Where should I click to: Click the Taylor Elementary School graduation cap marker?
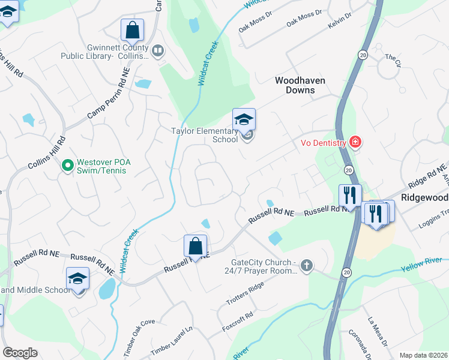click(244, 119)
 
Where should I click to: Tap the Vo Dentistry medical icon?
click(355, 142)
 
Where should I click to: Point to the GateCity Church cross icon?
click(307, 265)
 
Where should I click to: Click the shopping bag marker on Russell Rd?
click(195, 245)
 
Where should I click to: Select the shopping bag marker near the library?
click(132, 30)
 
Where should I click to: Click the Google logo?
click(20, 352)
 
